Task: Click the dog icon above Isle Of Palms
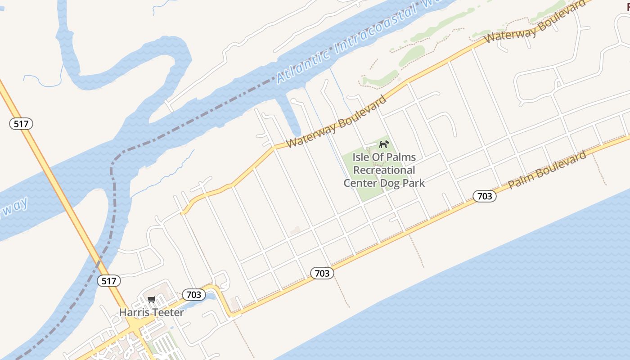(384, 144)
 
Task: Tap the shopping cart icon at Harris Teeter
(152, 300)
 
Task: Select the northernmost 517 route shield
(21, 124)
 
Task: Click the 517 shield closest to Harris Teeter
(109, 281)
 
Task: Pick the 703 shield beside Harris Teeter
(194, 295)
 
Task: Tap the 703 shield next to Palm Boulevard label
(484, 196)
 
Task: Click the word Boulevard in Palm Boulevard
(562, 165)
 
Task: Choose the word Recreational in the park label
(384, 170)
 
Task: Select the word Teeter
(168, 312)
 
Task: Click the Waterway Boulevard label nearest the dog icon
(336, 121)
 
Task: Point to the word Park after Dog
(414, 183)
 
